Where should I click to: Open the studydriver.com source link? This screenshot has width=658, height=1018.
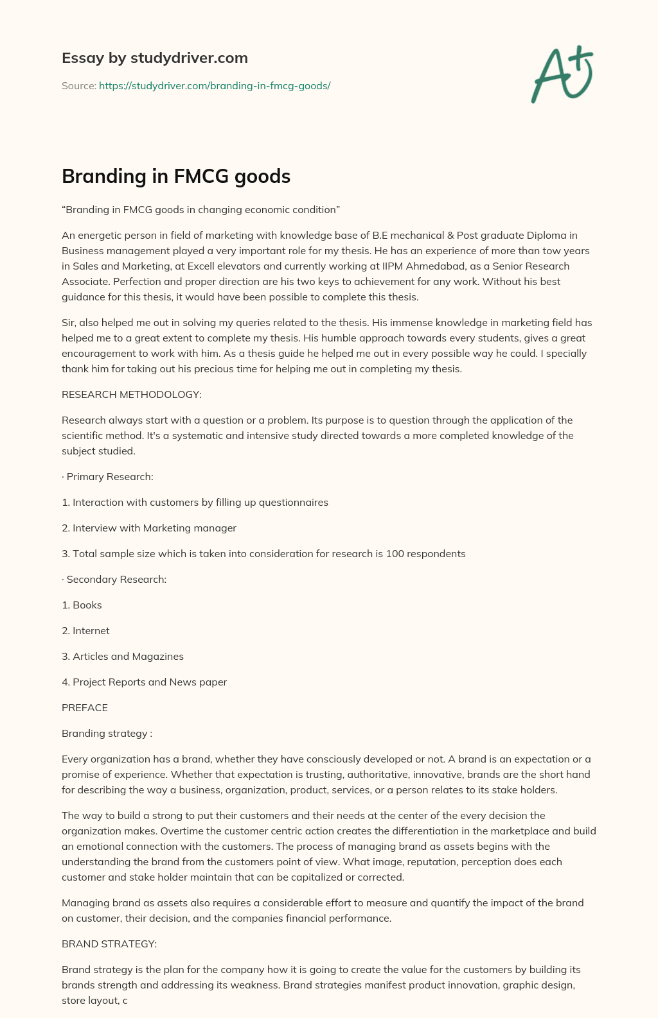coord(215,85)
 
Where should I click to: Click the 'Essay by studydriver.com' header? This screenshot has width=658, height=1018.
coord(154,58)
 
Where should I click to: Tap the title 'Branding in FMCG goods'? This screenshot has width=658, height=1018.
coord(176,176)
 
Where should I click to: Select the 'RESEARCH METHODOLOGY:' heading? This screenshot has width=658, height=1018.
coord(132,394)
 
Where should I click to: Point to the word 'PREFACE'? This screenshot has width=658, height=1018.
coord(85,707)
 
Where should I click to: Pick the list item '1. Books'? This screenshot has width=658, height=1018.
coord(82,605)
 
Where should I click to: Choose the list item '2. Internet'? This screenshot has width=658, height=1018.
coord(85,630)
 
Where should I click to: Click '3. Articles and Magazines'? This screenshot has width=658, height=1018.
coord(123,656)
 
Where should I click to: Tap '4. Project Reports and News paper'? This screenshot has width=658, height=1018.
coord(144,682)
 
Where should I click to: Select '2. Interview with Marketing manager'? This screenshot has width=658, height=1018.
coord(149,528)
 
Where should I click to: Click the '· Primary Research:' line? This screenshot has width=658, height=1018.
coord(107,476)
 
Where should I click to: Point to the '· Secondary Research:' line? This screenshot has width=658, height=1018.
coord(114,579)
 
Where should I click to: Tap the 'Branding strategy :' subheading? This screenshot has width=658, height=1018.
coord(107,733)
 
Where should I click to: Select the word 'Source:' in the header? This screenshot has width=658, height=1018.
coord(78,85)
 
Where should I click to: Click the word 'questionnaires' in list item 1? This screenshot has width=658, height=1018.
coord(293,502)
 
